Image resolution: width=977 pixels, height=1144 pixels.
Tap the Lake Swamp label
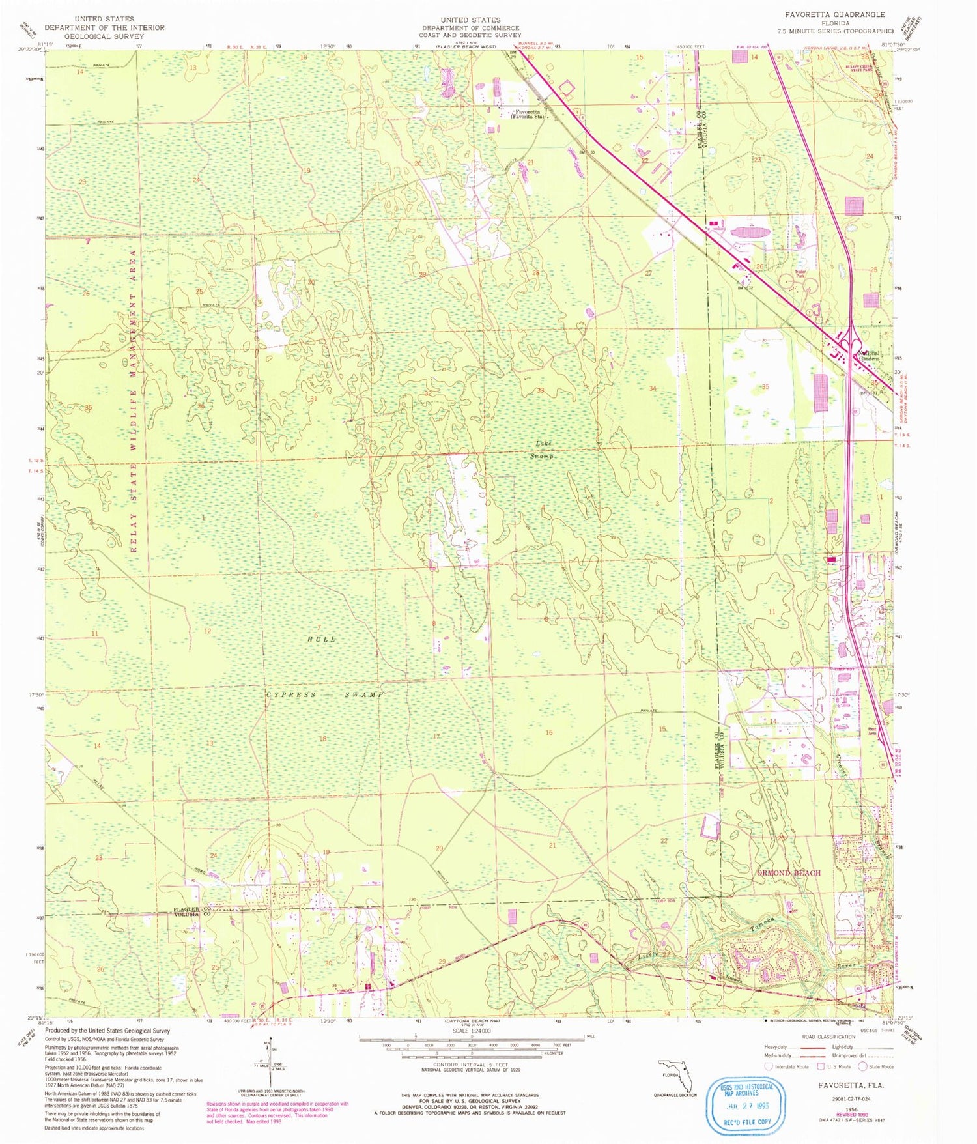(544, 450)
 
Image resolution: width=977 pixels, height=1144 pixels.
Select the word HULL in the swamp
(322, 639)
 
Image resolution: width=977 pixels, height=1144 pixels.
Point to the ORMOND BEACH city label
(788, 872)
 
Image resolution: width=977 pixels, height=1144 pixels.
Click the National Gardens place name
(869, 356)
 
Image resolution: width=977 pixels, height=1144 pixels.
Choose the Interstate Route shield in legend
(769, 1066)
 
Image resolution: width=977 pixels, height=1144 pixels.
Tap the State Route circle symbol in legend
(862, 1066)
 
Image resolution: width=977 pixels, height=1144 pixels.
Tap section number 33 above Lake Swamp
(540, 390)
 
